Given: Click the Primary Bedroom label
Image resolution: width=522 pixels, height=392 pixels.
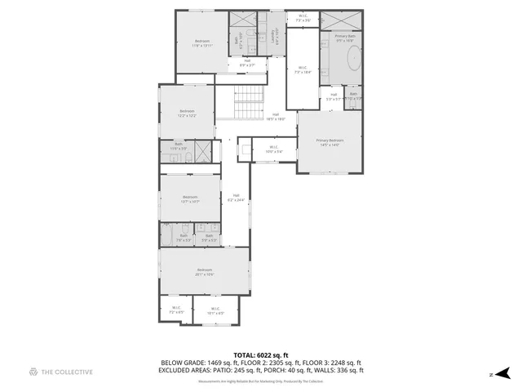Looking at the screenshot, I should [330, 142].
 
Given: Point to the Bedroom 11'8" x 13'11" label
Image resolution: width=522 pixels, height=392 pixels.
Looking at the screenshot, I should [202, 43].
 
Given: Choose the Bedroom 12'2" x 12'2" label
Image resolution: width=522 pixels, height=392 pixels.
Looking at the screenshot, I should [188, 113].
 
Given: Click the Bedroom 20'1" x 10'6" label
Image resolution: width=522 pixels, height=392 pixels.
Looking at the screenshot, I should [204, 272].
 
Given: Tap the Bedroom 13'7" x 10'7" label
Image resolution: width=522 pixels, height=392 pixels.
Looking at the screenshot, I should [190, 198].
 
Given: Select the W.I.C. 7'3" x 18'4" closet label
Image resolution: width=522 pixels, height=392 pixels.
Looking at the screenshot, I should [303, 69].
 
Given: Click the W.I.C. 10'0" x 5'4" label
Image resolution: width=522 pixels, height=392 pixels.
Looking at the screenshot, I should [273, 149].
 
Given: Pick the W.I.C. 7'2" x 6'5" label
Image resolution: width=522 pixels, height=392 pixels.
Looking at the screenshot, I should [176, 310].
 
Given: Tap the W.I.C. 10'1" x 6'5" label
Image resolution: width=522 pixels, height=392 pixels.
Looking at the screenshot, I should [215, 310].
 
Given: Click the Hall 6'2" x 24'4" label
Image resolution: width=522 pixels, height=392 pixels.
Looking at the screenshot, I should [236, 197].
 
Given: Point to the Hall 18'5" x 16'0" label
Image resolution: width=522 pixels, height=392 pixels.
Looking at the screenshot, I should [276, 116].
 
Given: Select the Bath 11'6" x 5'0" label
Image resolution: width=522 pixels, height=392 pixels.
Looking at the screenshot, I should [179, 147].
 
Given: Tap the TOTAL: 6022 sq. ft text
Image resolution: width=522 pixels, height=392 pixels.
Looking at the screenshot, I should [261, 355].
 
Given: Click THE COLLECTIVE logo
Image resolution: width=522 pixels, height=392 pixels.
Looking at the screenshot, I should [61, 372].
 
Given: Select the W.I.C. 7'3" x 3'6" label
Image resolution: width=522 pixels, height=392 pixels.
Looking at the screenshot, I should [303, 18].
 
